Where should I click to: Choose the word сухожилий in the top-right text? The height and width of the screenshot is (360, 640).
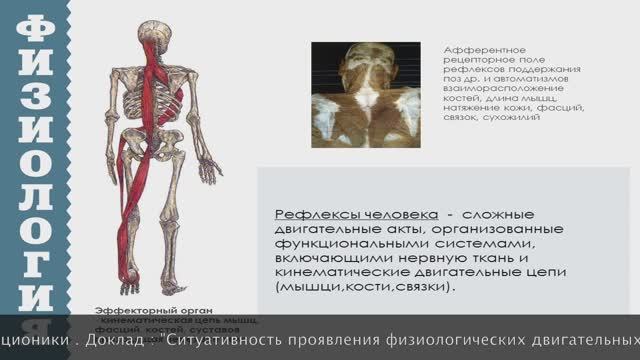tap(511, 117)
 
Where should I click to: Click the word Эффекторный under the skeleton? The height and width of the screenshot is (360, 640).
tap(127, 310)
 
